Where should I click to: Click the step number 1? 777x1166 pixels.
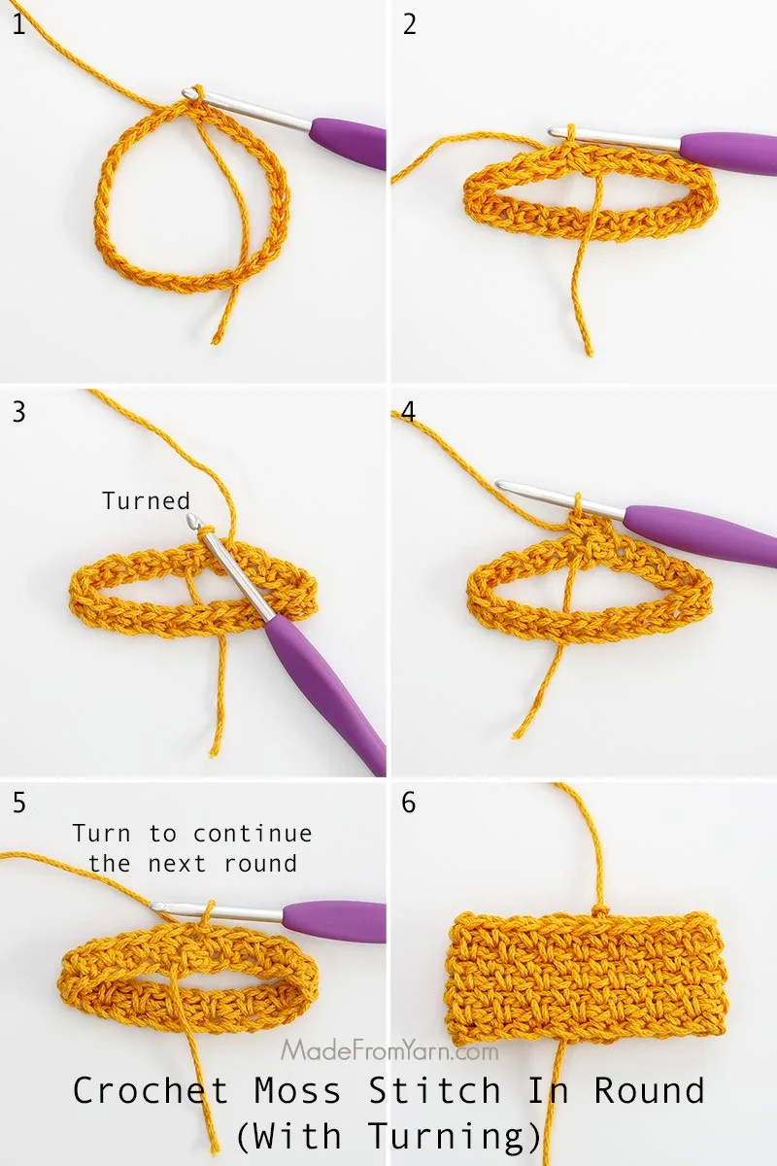[x=18, y=24]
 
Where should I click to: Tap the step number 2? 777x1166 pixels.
[x=410, y=24]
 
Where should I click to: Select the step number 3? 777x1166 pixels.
[x=19, y=411]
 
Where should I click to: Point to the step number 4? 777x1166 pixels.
[x=409, y=411]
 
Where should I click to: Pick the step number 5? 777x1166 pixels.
[x=19, y=803]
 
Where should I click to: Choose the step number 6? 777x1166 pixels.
[x=409, y=803]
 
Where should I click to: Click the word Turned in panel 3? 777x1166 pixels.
[x=146, y=501]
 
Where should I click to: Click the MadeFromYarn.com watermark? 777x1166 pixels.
[x=389, y=1050]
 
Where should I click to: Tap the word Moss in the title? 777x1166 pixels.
[x=298, y=1091]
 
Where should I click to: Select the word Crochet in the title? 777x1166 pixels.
[x=151, y=1091]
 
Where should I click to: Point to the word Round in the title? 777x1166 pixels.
[x=649, y=1091]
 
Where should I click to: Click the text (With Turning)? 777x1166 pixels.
[x=388, y=1135]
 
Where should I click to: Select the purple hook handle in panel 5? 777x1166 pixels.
[x=335, y=920]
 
